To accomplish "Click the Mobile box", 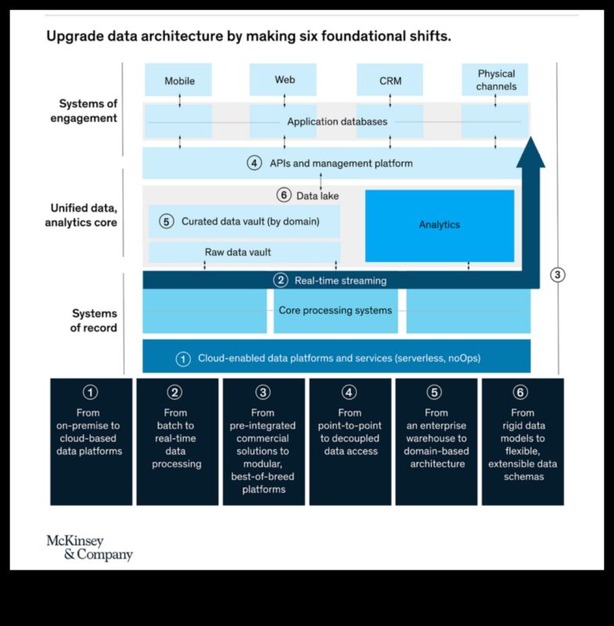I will pyautogui.click(x=179, y=81).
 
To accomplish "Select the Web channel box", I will pyautogui.click(x=284, y=80).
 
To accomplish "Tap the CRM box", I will pyautogui.click(x=390, y=81).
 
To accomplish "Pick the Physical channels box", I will pyautogui.click(x=496, y=80).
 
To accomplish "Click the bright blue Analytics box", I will pyautogui.click(x=440, y=225).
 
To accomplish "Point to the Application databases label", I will pyautogui.click(x=337, y=121).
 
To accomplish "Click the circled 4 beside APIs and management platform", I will pyautogui.click(x=254, y=164).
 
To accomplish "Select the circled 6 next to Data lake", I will pyautogui.click(x=284, y=196).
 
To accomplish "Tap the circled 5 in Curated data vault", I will pyautogui.click(x=166, y=221).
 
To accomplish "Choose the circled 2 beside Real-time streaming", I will pyautogui.click(x=280, y=280).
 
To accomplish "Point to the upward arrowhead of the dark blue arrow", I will pyautogui.click(x=531, y=149).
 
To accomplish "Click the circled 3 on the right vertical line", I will pyautogui.click(x=558, y=275).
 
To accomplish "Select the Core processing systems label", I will pyautogui.click(x=336, y=310).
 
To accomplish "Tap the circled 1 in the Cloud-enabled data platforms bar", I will pyautogui.click(x=183, y=359).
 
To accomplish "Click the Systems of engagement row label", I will pyautogui.click(x=88, y=111).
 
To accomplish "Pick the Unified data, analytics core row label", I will pyautogui.click(x=84, y=215).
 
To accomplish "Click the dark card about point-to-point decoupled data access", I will pyautogui.click(x=350, y=441).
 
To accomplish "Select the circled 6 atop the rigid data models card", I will pyautogui.click(x=522, y=393).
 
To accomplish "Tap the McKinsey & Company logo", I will pyautogui.click(x=88, y=548).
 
